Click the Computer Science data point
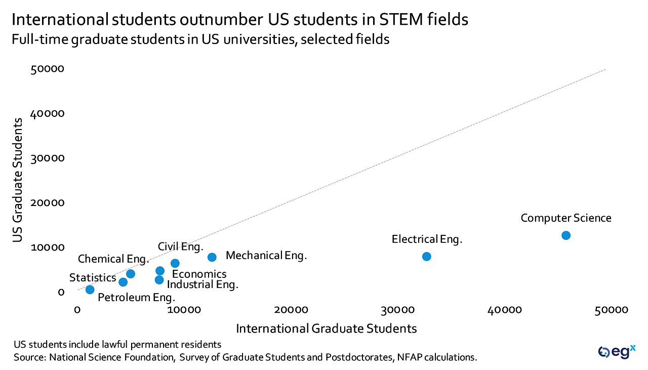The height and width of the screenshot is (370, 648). [566, 235]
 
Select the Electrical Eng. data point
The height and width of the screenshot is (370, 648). [426, 257]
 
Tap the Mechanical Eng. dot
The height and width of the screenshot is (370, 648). [212, 257]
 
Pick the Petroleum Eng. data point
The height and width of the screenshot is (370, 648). [90, 290]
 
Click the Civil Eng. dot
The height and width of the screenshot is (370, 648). [175, 263]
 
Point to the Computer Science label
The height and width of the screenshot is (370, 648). [566, 218]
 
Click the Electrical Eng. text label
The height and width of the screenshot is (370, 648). [427, 239]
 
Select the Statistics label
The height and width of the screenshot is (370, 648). [93, 277]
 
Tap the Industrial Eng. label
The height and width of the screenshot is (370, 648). [202, 284]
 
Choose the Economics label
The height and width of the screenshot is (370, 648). [199, 274]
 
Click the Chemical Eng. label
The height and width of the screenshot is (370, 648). [113, 259]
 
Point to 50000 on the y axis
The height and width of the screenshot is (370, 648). [47, 69]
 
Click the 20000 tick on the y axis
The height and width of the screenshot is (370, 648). [47, 203]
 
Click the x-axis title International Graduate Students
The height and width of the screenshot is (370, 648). [327, 328]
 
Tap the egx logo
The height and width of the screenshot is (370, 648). [616, 351]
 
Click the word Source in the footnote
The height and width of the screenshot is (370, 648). [29, 357]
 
